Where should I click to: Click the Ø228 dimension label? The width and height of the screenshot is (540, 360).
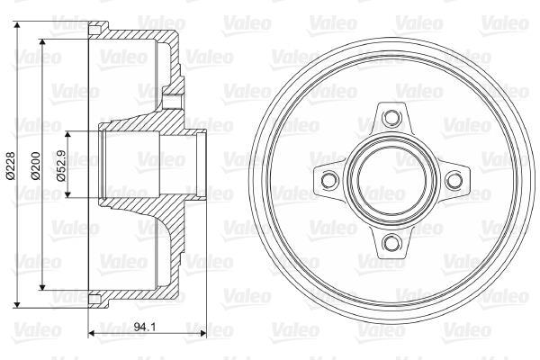(x=11, y=166)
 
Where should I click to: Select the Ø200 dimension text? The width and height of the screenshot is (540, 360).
(x=36, y=166)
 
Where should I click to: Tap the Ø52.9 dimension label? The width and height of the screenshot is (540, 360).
(x=60, y=166)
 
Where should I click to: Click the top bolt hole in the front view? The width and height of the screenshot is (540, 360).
(x=391, y=117)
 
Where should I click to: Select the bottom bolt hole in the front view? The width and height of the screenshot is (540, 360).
(x=391, y=242)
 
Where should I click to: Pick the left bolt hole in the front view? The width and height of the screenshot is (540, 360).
(x=329, y=180)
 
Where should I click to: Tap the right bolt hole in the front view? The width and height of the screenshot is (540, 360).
(x=454, y=180)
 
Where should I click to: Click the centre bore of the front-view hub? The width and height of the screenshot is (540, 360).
(x=391, y=180)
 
